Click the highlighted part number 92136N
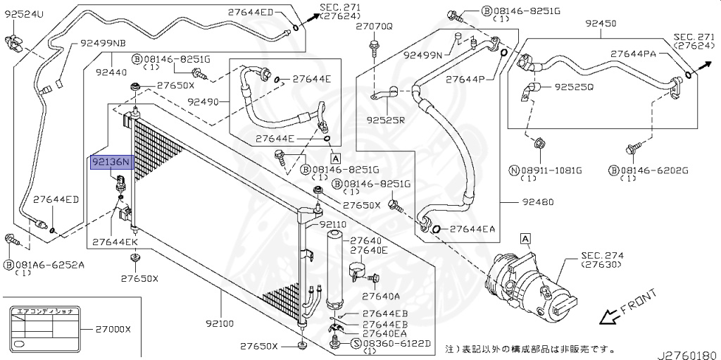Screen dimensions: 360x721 click(111, 163)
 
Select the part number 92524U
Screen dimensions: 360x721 click(24, 14)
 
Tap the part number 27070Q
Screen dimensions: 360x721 click(373, 26)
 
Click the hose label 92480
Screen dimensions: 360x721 click(537, 202)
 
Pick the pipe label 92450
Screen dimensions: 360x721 click(601, 23)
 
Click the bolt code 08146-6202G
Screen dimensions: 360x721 click(646, 170)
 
